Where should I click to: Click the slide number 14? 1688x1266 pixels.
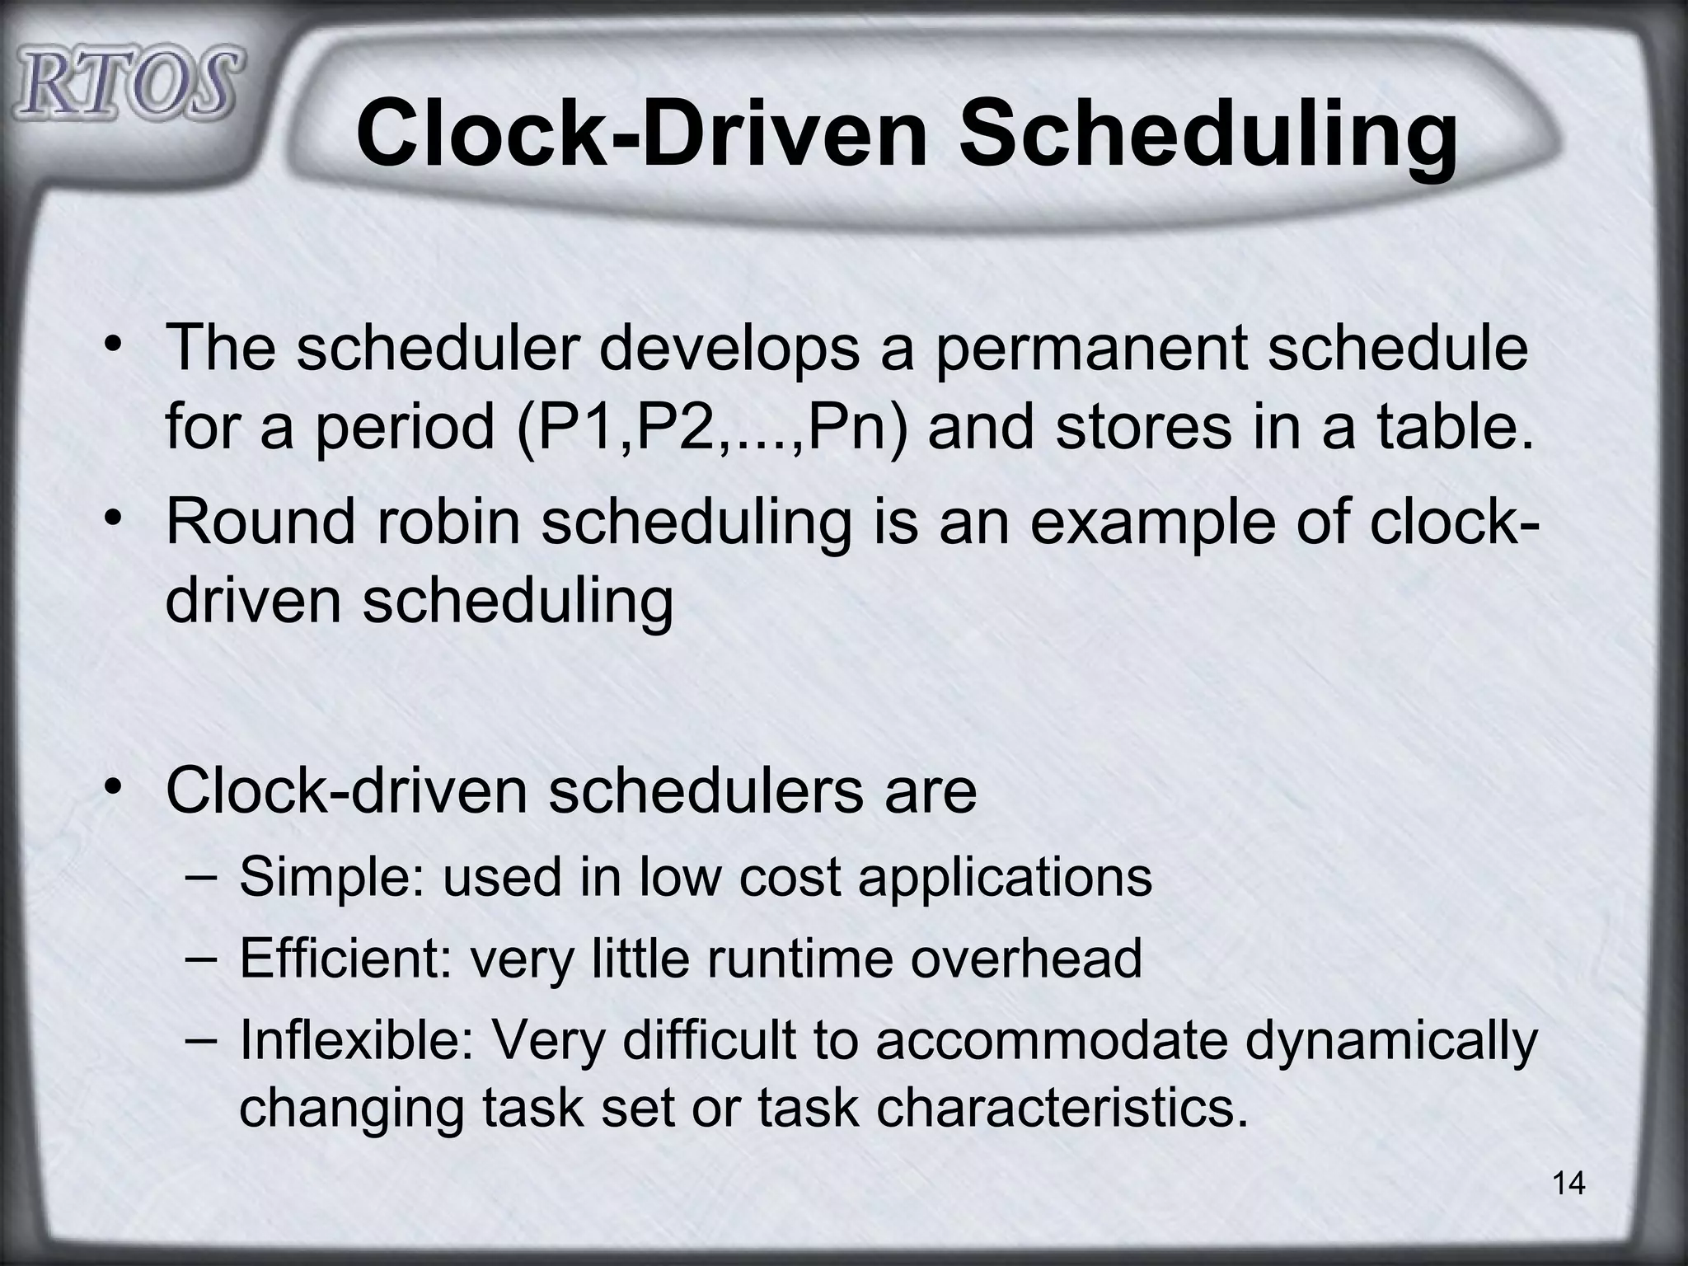click(x=1568, y=1184)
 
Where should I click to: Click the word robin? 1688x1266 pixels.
click(x=449, y=522)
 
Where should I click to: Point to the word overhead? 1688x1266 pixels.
click(x=1025, y=959)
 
